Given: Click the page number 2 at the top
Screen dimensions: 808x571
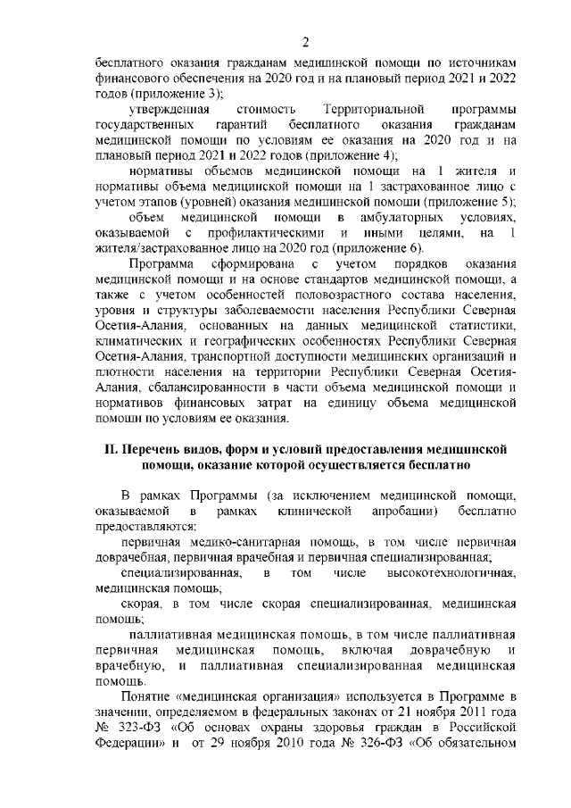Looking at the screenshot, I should (305, 42).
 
